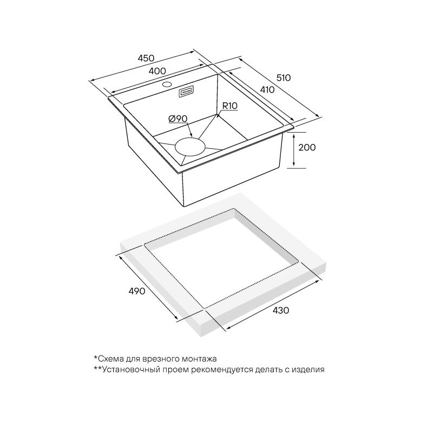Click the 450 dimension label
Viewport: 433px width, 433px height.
point(146,58)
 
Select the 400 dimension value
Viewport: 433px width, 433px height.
point(157,71)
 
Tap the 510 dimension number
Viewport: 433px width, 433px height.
point(284,78)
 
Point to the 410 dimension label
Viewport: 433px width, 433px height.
point(267,90)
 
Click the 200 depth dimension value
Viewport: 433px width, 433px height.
point(307,147)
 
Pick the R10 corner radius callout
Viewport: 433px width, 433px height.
point(229,106)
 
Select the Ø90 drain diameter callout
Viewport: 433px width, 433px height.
point(178,119)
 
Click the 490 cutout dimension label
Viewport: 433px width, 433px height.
point(137,291)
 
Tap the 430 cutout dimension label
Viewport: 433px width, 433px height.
point(281,310)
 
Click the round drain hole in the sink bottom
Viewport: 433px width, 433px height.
point(190,146)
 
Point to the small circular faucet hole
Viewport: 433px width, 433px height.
point(167,84)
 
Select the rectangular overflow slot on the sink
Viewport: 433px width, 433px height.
point(186,91)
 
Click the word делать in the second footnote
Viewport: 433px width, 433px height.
point(267,370)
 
